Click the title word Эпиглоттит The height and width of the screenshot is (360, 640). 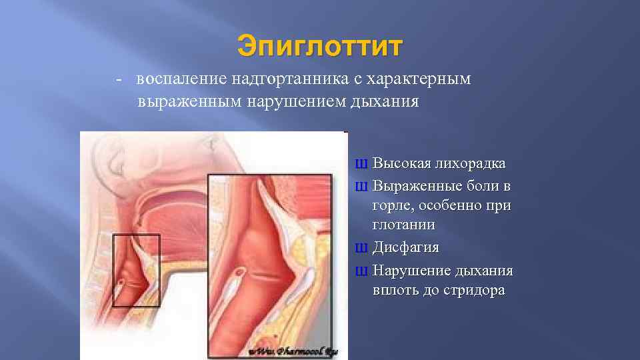320,47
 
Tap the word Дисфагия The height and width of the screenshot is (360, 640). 405,248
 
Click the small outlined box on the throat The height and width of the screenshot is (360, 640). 136,269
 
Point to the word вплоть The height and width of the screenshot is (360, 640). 396,291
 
